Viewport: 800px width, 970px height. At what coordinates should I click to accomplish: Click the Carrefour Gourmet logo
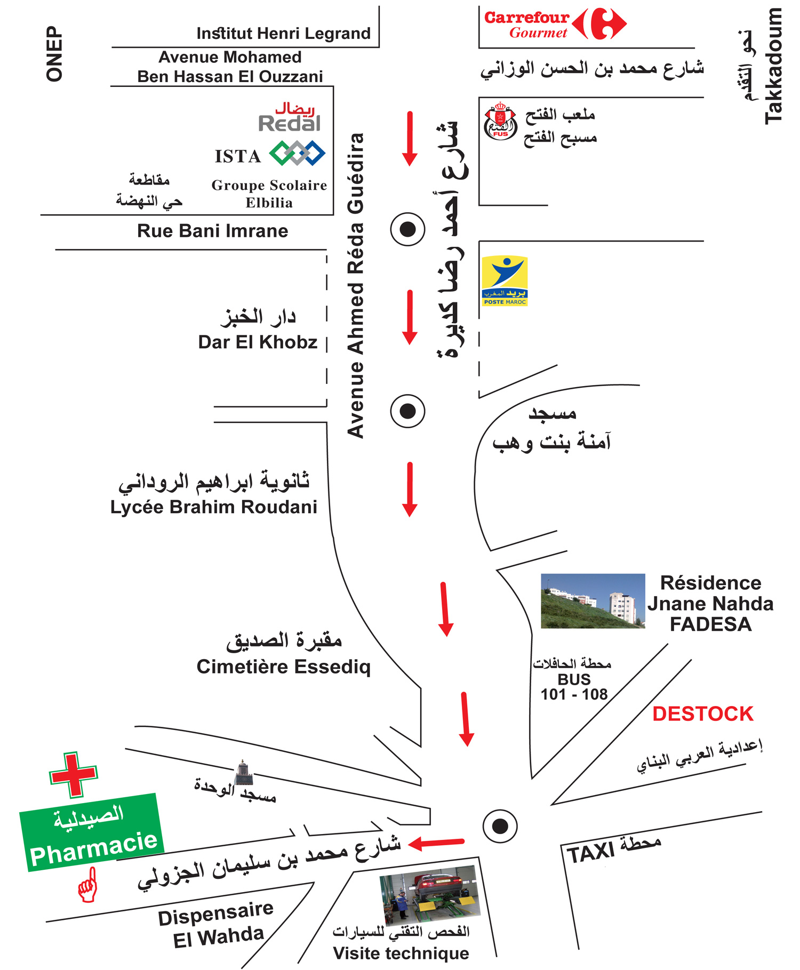pyautogui.click(x=555, y=24)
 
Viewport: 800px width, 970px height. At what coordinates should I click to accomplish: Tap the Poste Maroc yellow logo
pyautogui.click(x=505, y=281)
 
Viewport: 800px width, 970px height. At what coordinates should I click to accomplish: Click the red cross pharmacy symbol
pyautogui.click(x=74, y=774)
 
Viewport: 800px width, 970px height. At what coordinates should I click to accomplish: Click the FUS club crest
pyautogui.click(x=500, y=122)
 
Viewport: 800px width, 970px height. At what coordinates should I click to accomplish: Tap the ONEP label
pyautogui.click(x=54, y=54)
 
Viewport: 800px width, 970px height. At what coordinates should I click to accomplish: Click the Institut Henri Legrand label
pyautogui.click(x=283, y=34)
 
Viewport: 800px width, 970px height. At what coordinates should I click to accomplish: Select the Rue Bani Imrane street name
pyautogui.click(x=212, y=231)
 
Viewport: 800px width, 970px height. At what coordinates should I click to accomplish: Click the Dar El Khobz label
pyautogui.click(x=258, y=342)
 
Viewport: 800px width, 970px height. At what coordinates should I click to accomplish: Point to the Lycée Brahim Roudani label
pyautogui.click(x=213, y=507)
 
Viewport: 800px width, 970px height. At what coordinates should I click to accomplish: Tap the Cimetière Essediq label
pyautogui.click(x=283, y=667)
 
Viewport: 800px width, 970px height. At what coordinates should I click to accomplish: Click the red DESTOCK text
pyautogui.click(x=702, y=714)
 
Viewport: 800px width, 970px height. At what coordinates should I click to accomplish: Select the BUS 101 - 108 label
pyautogui.click(x=574, y=687)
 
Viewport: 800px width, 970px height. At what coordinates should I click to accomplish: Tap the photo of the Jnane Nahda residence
pyautogui.click(x=593, y=600)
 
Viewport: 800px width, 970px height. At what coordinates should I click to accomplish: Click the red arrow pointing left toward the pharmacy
pyautogui.click(x=436, y=843)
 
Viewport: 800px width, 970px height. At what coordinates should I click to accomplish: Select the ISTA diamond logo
pyautogui.click(x=297, y=154)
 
